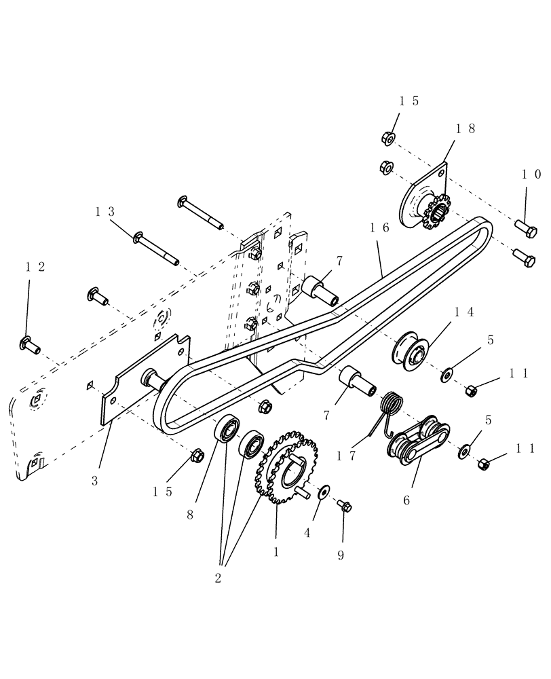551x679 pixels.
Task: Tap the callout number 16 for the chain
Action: pyautogui.click(x=379, y=228)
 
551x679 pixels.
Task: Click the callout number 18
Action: pyautogui.click(x=466, y=128)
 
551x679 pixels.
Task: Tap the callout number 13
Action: pyautogui.click(x=104, y=212)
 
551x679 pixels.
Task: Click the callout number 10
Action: pyautogui.click(x=531, y=175)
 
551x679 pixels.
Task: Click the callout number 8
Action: pyautogui.click(x=190, y=515)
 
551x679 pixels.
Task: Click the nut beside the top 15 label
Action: pyautogui.click(x=388, y=139)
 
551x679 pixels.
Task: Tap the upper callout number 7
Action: pyautogui.click(x=339, y=260)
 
